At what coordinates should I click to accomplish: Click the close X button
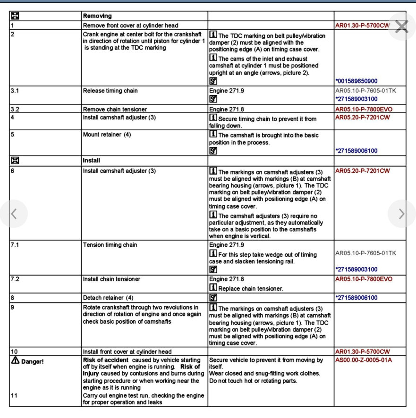coord(401,26)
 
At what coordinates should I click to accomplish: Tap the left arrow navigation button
coord(14,214)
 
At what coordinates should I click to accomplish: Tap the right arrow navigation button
coord(401,214)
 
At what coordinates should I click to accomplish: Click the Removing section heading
coord(97,16)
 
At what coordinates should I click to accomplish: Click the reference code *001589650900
coord(357,81)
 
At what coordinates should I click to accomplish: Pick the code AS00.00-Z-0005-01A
coord(364,360)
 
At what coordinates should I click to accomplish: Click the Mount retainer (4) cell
coord(108,134)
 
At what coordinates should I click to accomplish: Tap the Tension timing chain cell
coord(110,245)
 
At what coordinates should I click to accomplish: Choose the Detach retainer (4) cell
coord(108,298)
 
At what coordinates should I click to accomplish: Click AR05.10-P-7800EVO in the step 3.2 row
coord(363,109)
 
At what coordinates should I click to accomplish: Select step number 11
coord(14,395)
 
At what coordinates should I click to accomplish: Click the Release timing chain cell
coord(110,91)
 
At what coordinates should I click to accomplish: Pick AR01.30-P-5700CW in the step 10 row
coord(362,351)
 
